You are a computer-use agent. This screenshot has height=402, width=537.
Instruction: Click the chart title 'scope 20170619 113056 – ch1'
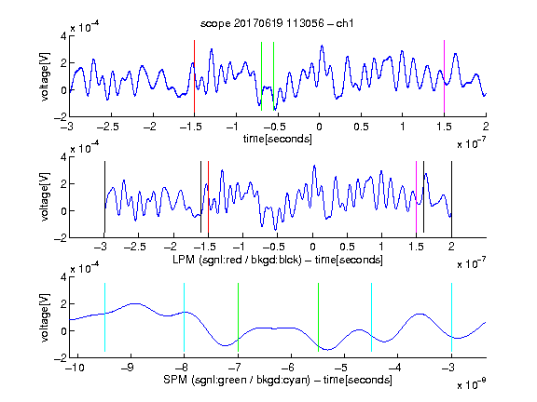pyautogui.click(x=277, y=23)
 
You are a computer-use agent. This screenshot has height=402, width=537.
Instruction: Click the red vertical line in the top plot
pyautogui.click(x=194, y=76)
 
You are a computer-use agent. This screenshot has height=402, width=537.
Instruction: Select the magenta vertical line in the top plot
pyautogui.click(x=444, y=76)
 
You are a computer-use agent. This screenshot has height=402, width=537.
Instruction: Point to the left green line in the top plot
pyautogui.click(x=262, y=76)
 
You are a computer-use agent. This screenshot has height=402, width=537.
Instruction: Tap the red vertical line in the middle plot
pyautogui.click(x=208, y=197)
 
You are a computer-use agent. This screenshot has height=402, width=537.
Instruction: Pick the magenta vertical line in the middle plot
pyautogui.click(x=416, y=197)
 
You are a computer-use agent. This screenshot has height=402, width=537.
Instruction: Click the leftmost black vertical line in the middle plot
pyautogui.click(x=104, y=197)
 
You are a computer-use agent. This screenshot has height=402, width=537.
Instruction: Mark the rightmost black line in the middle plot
pyautogui.click(x=451, y=197)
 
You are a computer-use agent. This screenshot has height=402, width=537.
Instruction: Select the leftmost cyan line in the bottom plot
pyautogui.click(x=104, y=317)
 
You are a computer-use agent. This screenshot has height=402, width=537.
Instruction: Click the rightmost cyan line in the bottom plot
pyautogui.click(x=451, y=317)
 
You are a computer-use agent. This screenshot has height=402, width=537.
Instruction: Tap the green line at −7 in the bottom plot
pyautogui.click(x=238, y=317)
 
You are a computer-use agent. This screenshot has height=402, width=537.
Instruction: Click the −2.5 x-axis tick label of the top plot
pyautogui.click(x=108, y=127)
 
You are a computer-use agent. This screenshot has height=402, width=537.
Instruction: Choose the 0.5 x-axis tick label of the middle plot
pyautogui.click(x=347, y=247)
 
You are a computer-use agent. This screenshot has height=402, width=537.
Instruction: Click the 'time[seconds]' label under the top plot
pyautogui.click(x=278, y=139)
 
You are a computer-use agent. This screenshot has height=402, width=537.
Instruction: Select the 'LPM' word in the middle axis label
pyautogui.click(x=184, y=260)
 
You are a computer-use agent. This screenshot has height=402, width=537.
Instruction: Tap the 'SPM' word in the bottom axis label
pyautogui.click(x=175, y=380)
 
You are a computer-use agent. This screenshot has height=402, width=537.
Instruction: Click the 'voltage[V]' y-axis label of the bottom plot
pyautogui.click(x=45, y=317)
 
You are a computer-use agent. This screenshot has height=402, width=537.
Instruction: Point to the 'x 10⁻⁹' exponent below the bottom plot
pyautogui.click(x=472, y=384)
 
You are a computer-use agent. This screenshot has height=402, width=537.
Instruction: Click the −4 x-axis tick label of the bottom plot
pyautogui.click(x=395, y=368)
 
